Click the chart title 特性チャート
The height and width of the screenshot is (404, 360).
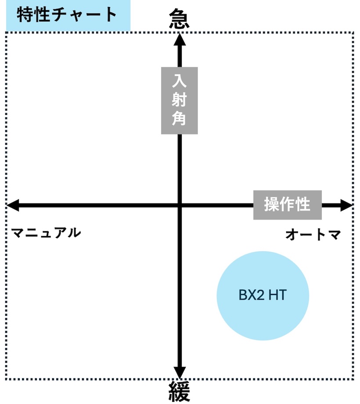click(x=67, y=14)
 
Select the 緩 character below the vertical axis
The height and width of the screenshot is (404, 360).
click(x=179, y=391)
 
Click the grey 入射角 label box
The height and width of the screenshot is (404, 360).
click(x=179, y=100)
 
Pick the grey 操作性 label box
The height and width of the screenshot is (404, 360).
click(x=287, y=205)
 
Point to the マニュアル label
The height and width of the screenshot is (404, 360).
click(x=46, y=233)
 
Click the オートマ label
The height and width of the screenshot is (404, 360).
click(x=313, y=235)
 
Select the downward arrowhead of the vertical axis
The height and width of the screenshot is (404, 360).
click(x=179, y=372)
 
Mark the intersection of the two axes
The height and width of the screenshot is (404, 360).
click(x=179, y=205)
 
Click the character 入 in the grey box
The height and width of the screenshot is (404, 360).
click(x=179, y=81)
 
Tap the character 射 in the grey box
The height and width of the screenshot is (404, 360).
click(x=179, y=100)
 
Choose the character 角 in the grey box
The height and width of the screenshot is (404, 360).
click(x=179, y=119)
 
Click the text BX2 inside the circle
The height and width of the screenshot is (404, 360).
click(x=251, y=295)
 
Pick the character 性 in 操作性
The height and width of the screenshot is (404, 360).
click(x=303, y=205)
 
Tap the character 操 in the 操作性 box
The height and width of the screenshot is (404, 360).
click(x=272, y=205)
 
